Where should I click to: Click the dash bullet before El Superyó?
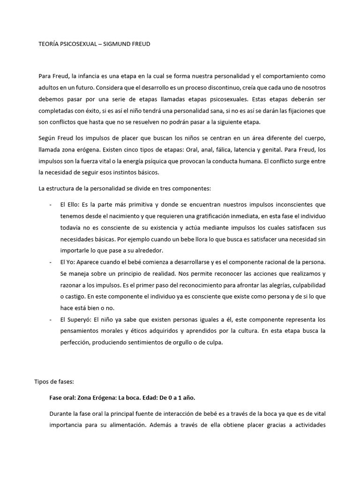tap(51, 320)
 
